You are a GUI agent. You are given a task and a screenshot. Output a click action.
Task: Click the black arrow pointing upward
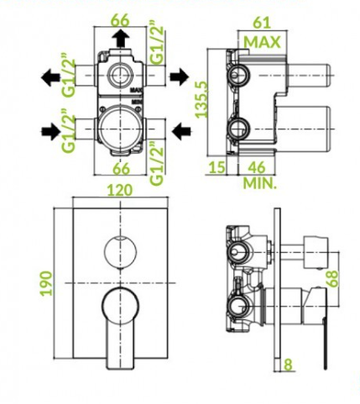tap(121, 39)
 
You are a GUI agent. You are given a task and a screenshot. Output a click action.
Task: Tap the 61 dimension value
tap(262, 23)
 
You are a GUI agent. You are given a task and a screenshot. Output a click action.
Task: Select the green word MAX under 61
tap(262, 42)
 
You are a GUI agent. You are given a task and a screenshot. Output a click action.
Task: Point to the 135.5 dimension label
tap(202, 99)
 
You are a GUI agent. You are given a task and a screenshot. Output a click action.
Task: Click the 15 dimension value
tap(217, 167)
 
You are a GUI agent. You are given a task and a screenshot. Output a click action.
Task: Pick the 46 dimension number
tap(257, 167)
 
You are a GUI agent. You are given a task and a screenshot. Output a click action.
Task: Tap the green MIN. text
tap(260, 183)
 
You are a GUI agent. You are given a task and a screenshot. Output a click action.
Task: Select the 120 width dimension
tap(120, 191)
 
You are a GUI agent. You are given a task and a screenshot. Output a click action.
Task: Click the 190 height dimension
tap(46, 283)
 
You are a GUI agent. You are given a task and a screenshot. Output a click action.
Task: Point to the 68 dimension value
tap(333, 279)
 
